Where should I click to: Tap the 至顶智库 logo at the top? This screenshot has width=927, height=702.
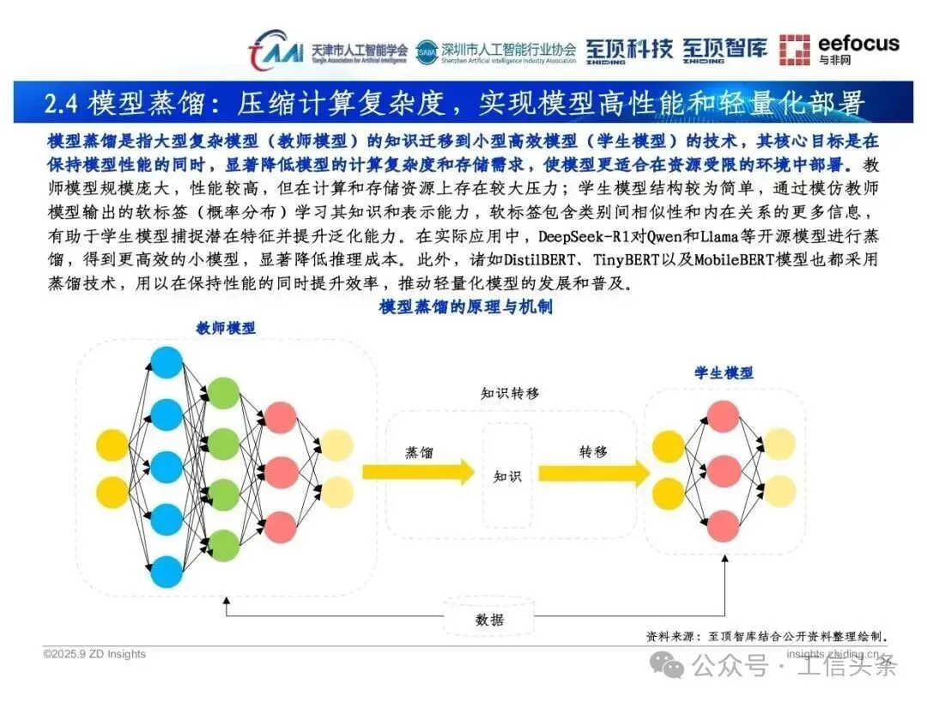click(724, 50)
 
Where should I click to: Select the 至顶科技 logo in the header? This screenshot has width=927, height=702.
click(629, 50)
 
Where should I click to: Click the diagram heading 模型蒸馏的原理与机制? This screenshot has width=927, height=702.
click(465, 307)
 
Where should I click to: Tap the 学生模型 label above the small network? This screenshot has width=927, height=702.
click(724, 372)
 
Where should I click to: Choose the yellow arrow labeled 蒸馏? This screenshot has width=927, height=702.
click(419, 471)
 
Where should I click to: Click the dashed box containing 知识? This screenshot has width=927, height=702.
click(507, 475)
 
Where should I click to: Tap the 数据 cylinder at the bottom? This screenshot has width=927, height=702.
click(489, 619)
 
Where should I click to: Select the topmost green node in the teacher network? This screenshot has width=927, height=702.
click(223, 391)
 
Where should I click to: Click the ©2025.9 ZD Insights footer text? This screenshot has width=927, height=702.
click(94, 654)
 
